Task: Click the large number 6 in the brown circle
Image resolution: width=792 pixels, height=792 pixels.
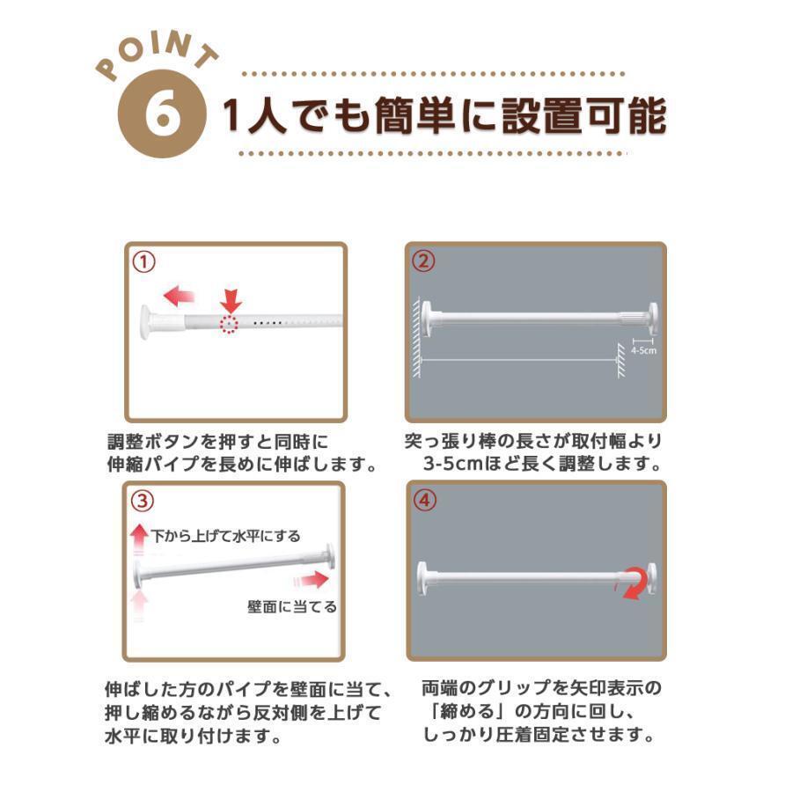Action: [163, 114]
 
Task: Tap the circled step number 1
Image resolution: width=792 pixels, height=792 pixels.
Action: [144, 262]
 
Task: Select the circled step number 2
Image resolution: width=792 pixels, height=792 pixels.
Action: [423, 260]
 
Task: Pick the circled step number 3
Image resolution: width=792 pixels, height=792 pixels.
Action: [142, 501]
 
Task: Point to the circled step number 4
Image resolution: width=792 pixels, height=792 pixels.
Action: [424, 500]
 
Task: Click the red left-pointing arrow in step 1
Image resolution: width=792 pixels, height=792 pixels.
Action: [179, 296]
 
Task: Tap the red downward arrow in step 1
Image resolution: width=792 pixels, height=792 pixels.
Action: [231, 301]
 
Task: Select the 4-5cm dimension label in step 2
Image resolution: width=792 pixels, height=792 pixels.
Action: [643, 350]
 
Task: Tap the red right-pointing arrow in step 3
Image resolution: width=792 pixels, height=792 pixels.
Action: [312, 579]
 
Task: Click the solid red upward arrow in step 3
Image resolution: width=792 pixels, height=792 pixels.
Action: [139, 539]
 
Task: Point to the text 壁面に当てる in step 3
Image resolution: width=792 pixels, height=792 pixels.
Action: [292, 606]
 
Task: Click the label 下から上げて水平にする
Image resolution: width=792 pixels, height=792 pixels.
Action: [226, 535]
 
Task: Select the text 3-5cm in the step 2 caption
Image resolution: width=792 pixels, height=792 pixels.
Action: [453, 463]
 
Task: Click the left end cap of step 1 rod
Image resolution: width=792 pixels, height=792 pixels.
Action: [146, 322]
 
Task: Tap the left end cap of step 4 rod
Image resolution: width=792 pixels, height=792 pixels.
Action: [422, 579]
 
